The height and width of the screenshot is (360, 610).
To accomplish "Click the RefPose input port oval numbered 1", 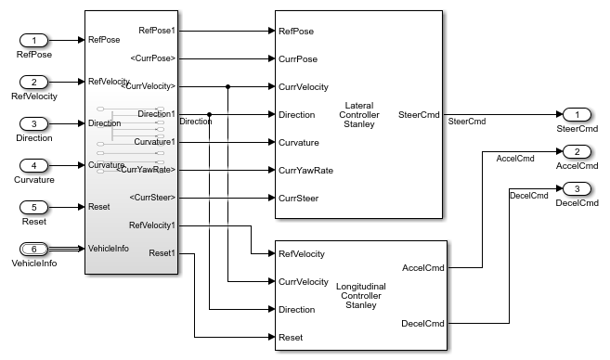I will click(x=33, y=40).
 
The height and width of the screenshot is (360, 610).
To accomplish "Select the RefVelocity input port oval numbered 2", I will click(x=33, y=82).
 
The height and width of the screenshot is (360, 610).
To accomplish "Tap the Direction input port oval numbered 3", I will click(x=33, y=123).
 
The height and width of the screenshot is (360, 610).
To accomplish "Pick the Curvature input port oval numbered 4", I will click(x=33, y=165).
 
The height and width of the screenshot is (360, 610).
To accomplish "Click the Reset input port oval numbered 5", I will click(x=33, y=207).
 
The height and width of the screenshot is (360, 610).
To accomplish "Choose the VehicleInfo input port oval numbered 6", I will click(x=33, y=249).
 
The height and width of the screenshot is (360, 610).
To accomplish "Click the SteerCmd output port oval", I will click(x=577, y=114).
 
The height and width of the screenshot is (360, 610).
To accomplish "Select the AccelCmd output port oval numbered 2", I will click(x=577, y=151).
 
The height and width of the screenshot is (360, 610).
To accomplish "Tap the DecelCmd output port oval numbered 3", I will click(x=577, y=188).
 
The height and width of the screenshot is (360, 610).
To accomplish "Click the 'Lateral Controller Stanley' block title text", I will click(x=357, y=114).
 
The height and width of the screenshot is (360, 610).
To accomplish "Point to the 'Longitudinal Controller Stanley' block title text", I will click(x=357, y=295).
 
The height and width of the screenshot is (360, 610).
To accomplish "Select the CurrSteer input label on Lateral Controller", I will click(x=299, y=198).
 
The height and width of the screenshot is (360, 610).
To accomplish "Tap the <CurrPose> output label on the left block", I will click(x=152, y=58).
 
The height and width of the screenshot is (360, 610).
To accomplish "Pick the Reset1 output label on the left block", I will click(x=162, y=253).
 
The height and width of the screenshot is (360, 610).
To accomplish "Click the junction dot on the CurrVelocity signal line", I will click(x=227, y=86).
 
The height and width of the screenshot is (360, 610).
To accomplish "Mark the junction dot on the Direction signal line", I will click(x=210, y=114).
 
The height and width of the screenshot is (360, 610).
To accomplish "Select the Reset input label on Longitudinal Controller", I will click(x=292, y=337).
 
